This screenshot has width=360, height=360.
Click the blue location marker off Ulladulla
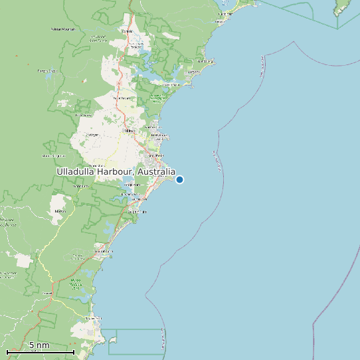[x=179, y=179]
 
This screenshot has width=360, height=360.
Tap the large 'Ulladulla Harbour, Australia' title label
[x=116, y=171]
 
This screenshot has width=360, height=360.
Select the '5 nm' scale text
[x=39, y=345]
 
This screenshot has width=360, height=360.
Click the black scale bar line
[x=41, y=351]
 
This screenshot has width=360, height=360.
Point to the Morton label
[x=60, y=211]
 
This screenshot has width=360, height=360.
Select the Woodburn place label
[x=80, y=186]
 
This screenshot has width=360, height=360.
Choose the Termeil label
[x=47, y=292]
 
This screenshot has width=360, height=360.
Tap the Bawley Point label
[x=94, y=318]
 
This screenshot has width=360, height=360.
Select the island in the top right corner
[x=343, y=8]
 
